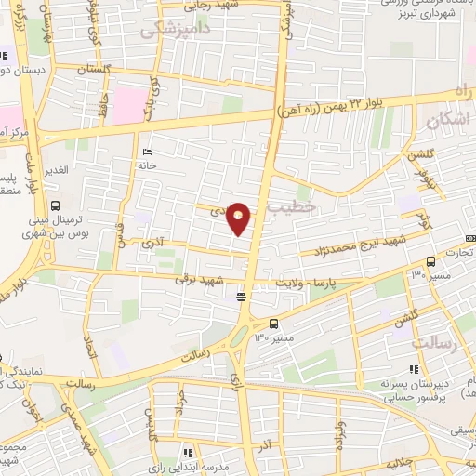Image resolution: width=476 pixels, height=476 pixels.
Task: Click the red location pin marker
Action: [239, 218]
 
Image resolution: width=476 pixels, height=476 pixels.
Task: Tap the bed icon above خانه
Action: [147, 152]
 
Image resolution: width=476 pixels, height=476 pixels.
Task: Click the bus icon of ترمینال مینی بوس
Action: [55, 205]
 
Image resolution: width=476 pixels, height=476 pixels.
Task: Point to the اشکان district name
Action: [447, 121]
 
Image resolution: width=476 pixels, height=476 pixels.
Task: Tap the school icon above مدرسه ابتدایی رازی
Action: [188, 453]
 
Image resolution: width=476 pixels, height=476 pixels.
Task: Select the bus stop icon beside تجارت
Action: [430, 261]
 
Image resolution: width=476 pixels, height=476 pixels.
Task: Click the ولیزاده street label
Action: [341, 432]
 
